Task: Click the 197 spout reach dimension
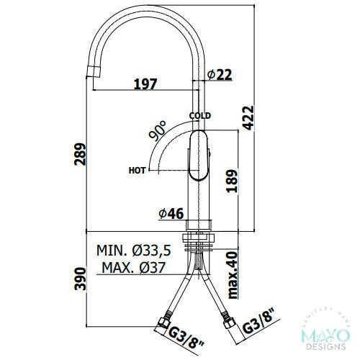[x=145, y=84]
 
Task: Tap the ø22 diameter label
[x=220, y=74]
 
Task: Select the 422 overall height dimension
[x=248, y=118]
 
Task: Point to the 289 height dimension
[x=80, y=154]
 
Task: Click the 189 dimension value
[x=232, y=181]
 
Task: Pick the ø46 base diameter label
[x=171, y=213]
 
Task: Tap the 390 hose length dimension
[x=80, y=279]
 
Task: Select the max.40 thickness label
[x=233, y=275]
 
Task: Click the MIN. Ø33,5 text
[x=134, y=251]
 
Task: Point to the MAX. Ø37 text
[x=134, y=267]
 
